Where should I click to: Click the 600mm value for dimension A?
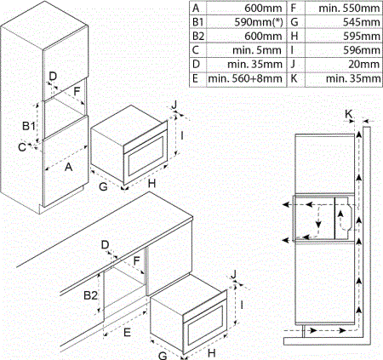pos(263,9)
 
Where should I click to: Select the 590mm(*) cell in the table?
pos(259,22)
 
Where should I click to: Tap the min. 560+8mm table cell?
pos(245,78)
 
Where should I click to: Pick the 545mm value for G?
pos(361,22)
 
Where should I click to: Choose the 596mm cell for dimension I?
pos(362,50)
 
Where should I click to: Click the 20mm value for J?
pos(364,65)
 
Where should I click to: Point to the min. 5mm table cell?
pos(257,50)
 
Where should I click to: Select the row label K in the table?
pos(294,78)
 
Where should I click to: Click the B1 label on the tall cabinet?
pos(29,126)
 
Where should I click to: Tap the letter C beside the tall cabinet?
pos(22,147)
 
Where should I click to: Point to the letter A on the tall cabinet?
pos(69,167)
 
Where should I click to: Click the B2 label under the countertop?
pos(90,295)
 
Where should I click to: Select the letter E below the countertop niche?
pos(127,332)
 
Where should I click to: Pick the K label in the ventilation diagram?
pos(349,114)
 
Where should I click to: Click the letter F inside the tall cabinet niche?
pos(77,92)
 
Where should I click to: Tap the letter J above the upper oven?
pos(174,105)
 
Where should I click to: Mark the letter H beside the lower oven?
pos(211,353)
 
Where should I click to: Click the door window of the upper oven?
pos(146,156)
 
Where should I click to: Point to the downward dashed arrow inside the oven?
pos(319,217)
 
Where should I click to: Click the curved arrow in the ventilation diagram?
pos(342,220)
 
